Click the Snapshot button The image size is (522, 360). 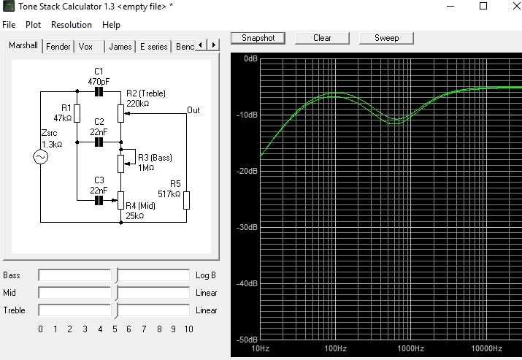tap(258, 38)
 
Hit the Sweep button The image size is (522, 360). tap(386, 38)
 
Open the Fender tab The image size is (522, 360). tap(58, 47)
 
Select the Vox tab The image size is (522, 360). tap(85, 47)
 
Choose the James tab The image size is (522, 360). tap(120, 47)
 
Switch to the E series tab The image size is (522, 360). tap(154, 47)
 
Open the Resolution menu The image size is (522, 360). tap(72, 25)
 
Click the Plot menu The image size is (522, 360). tap(33, 25)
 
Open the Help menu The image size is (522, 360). tap(111, 25)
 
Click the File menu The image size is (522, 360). tap(9, 25)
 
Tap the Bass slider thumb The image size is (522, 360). tap(115, 275)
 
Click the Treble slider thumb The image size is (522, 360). tap(115, 310)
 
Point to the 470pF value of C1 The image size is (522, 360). tap(99, 82)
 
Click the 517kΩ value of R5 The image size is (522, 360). tap(169, 194)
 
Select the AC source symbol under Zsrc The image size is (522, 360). tap(41, 157)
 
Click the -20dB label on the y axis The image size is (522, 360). tap(247, 171)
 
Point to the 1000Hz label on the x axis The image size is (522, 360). tap(411, 348)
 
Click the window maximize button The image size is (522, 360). tap(483, 6)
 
